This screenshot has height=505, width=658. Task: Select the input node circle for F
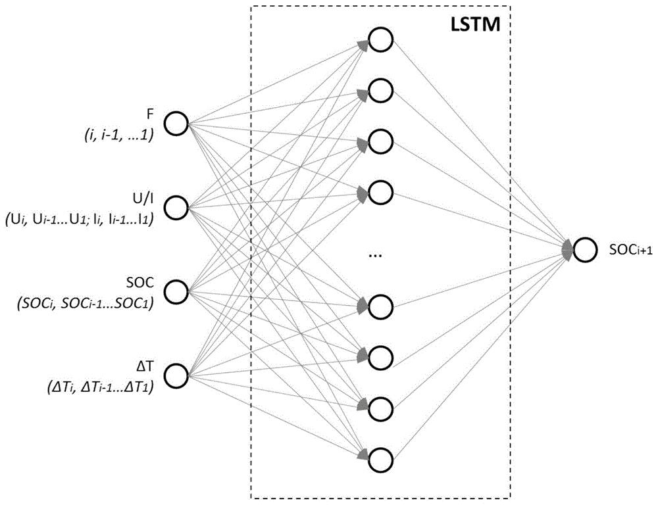(176, 124)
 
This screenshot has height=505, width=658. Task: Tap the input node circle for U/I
(176, 208)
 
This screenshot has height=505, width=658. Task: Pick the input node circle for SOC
(176, 292)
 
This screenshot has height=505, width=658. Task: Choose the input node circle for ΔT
(176, 376)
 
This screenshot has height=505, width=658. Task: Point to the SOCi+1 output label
(630, 250)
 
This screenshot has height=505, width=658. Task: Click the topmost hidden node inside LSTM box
(380, 39)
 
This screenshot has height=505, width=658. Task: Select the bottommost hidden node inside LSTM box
(380, 460)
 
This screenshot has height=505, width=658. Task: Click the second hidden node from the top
(380, 90)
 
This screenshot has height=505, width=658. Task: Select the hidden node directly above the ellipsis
(380, 192)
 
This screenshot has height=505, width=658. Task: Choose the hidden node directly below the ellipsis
(380, 306)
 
